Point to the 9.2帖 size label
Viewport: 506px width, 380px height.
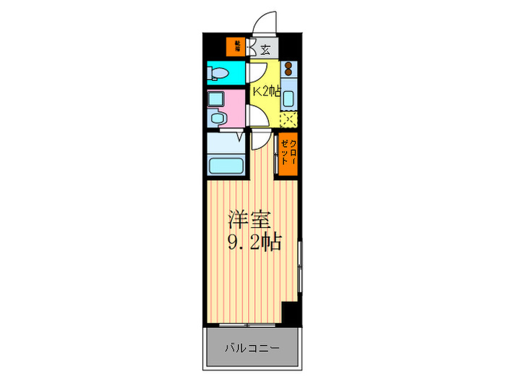click(x=252, y=241)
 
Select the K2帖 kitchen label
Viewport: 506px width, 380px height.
click(x=265, y=92)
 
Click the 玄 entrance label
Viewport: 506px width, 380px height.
click(x=265, y=49)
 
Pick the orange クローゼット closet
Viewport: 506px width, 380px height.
click(x=288, y=153)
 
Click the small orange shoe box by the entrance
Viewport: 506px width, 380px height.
click(x=236, y=47)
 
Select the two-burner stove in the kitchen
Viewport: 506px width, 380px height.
click(x=288, y=70)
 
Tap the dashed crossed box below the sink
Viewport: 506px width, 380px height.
click(x=288, y=120)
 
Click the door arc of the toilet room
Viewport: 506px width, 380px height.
click(x=257, y=72)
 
